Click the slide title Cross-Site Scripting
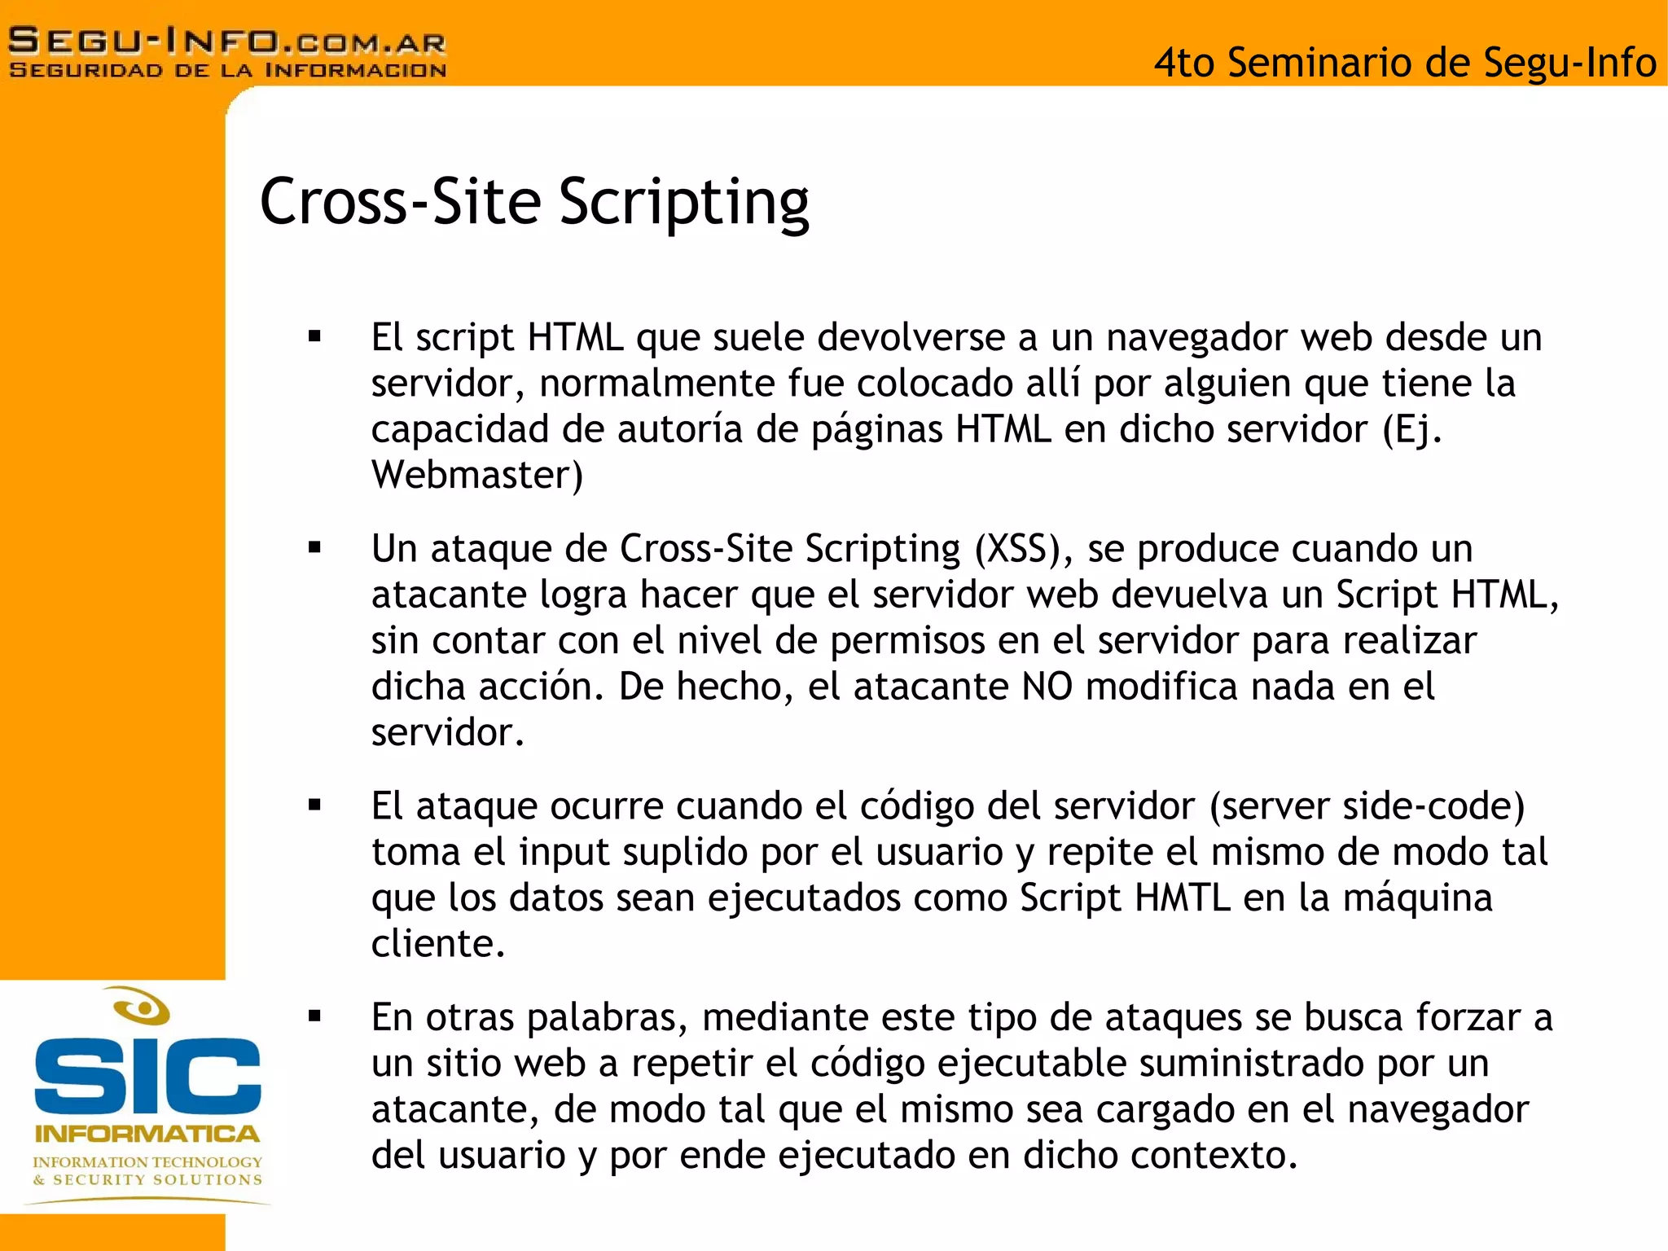[534, 202]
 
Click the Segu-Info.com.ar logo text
[227, 41]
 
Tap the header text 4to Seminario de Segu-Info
[1405, 63]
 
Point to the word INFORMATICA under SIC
[147, 1134]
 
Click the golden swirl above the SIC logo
[142, 1007]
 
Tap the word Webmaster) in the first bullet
[477, 475]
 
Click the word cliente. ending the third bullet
[438, 944]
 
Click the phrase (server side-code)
[1367, 806]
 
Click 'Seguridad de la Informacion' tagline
[227, 70]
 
